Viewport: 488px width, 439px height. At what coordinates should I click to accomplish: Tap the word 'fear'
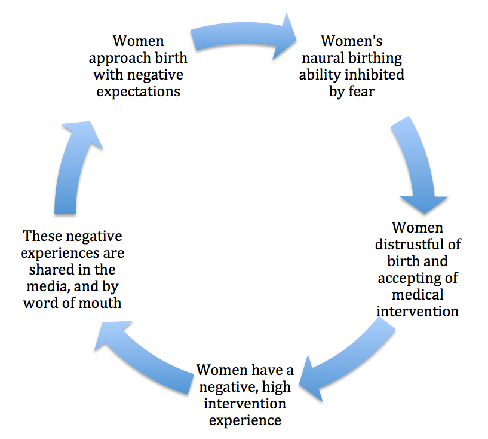(x=361, y=92)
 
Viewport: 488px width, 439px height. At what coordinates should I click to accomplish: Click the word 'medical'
(x=418, y=295)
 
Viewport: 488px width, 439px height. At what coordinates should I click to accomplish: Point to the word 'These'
(x=42, y=236)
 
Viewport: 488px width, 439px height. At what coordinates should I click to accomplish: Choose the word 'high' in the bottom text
(x=277, y=388)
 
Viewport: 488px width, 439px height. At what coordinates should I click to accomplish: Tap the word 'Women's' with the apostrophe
(x=352, y=41)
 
